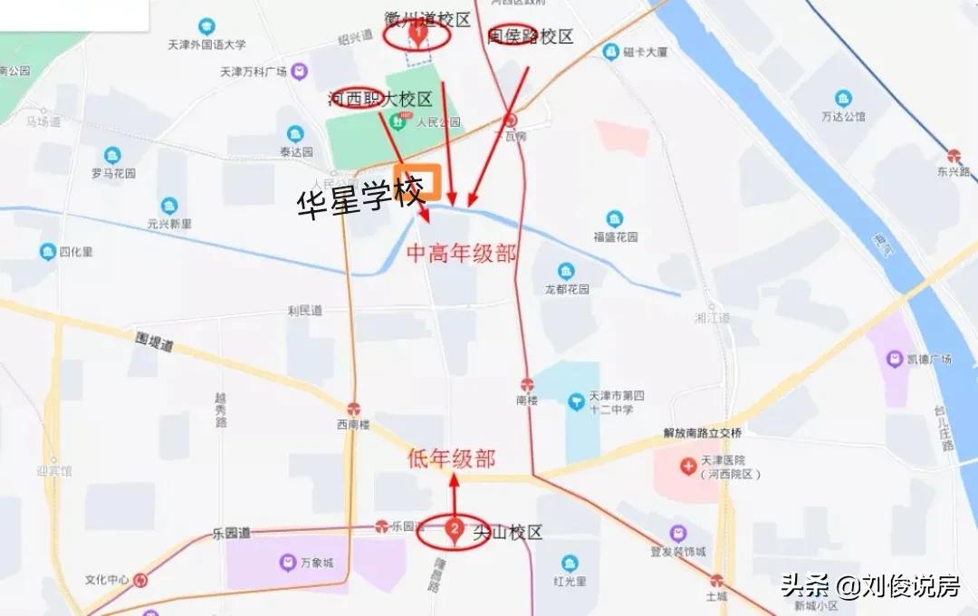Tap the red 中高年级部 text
click(x=462, y=254)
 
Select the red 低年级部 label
click(x=452, y=458)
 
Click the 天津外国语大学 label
click(x=206, y=43)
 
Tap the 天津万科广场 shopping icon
click(x=300, y=72)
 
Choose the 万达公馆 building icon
click(x=843, y=99)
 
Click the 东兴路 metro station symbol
click(x=954, y=156)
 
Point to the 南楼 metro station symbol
click(x=527, y=385)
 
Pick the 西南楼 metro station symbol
click(x=353, y=409)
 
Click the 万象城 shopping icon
click(x=286, y=563)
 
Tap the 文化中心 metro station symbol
click(x=139, y=580)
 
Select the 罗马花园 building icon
click(x=112, y=156)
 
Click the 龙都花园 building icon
click(x=566, y=272)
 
